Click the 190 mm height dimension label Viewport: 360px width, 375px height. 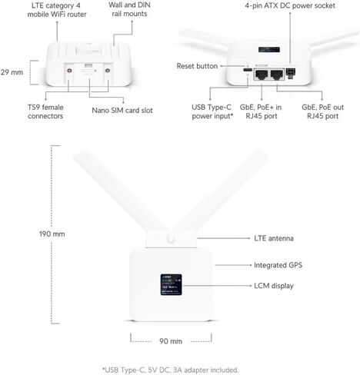click(52, 234)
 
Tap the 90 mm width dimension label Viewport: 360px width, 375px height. click(171, 341)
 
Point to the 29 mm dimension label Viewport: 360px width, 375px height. click(12, 72)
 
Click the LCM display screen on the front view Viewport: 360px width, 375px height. click(171, 284)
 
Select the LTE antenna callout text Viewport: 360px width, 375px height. click(274, 238)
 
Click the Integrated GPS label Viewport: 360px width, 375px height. click(278, 265)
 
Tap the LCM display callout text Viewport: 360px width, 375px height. click(274, 286)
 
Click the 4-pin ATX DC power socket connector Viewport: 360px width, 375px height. click(291, 73)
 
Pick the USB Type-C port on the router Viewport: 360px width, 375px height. click(248, 70)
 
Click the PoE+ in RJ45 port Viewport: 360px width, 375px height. click(262, 75)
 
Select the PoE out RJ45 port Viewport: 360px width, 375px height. click(277, 75)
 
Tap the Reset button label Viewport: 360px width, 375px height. click(197, 66)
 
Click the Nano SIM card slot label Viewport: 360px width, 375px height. click(122, 111)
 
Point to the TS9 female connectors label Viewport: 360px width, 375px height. click(45, 111)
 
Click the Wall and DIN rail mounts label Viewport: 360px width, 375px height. click(129, 9)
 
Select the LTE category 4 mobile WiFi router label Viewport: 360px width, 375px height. click(57, 10)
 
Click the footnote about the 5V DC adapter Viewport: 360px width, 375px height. click(171, 370)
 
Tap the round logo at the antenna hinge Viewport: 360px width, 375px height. click(171, 238)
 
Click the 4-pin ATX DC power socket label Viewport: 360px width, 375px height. click(290, 5)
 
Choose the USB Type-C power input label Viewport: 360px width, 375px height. click(212, 111)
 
